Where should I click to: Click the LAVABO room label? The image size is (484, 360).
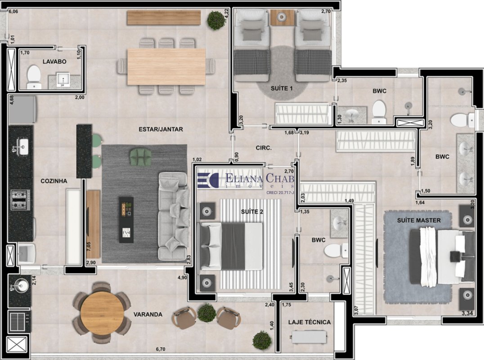point(54,62)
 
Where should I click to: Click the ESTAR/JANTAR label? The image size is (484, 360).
point(161,129)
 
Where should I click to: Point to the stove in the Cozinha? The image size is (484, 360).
point(20,200)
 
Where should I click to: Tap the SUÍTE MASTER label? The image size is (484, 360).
point(419,220)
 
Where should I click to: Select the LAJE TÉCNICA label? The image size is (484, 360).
point(309,322)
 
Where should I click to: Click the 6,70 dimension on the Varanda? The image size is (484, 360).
point(161,349)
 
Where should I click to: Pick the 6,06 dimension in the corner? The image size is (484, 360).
point(13,12)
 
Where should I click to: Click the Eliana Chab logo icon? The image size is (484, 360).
point(208,180)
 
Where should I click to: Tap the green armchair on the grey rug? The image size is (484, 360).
point(141,157)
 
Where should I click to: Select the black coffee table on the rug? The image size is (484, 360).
point(126,220)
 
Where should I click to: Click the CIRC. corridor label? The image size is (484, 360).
point(264,148)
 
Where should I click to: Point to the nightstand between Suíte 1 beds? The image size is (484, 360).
point(282,17)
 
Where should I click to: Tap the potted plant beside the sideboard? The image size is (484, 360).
point(216,20)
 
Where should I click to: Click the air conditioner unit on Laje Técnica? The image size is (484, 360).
point(309,337)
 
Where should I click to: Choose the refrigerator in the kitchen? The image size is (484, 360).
point(22,110)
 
